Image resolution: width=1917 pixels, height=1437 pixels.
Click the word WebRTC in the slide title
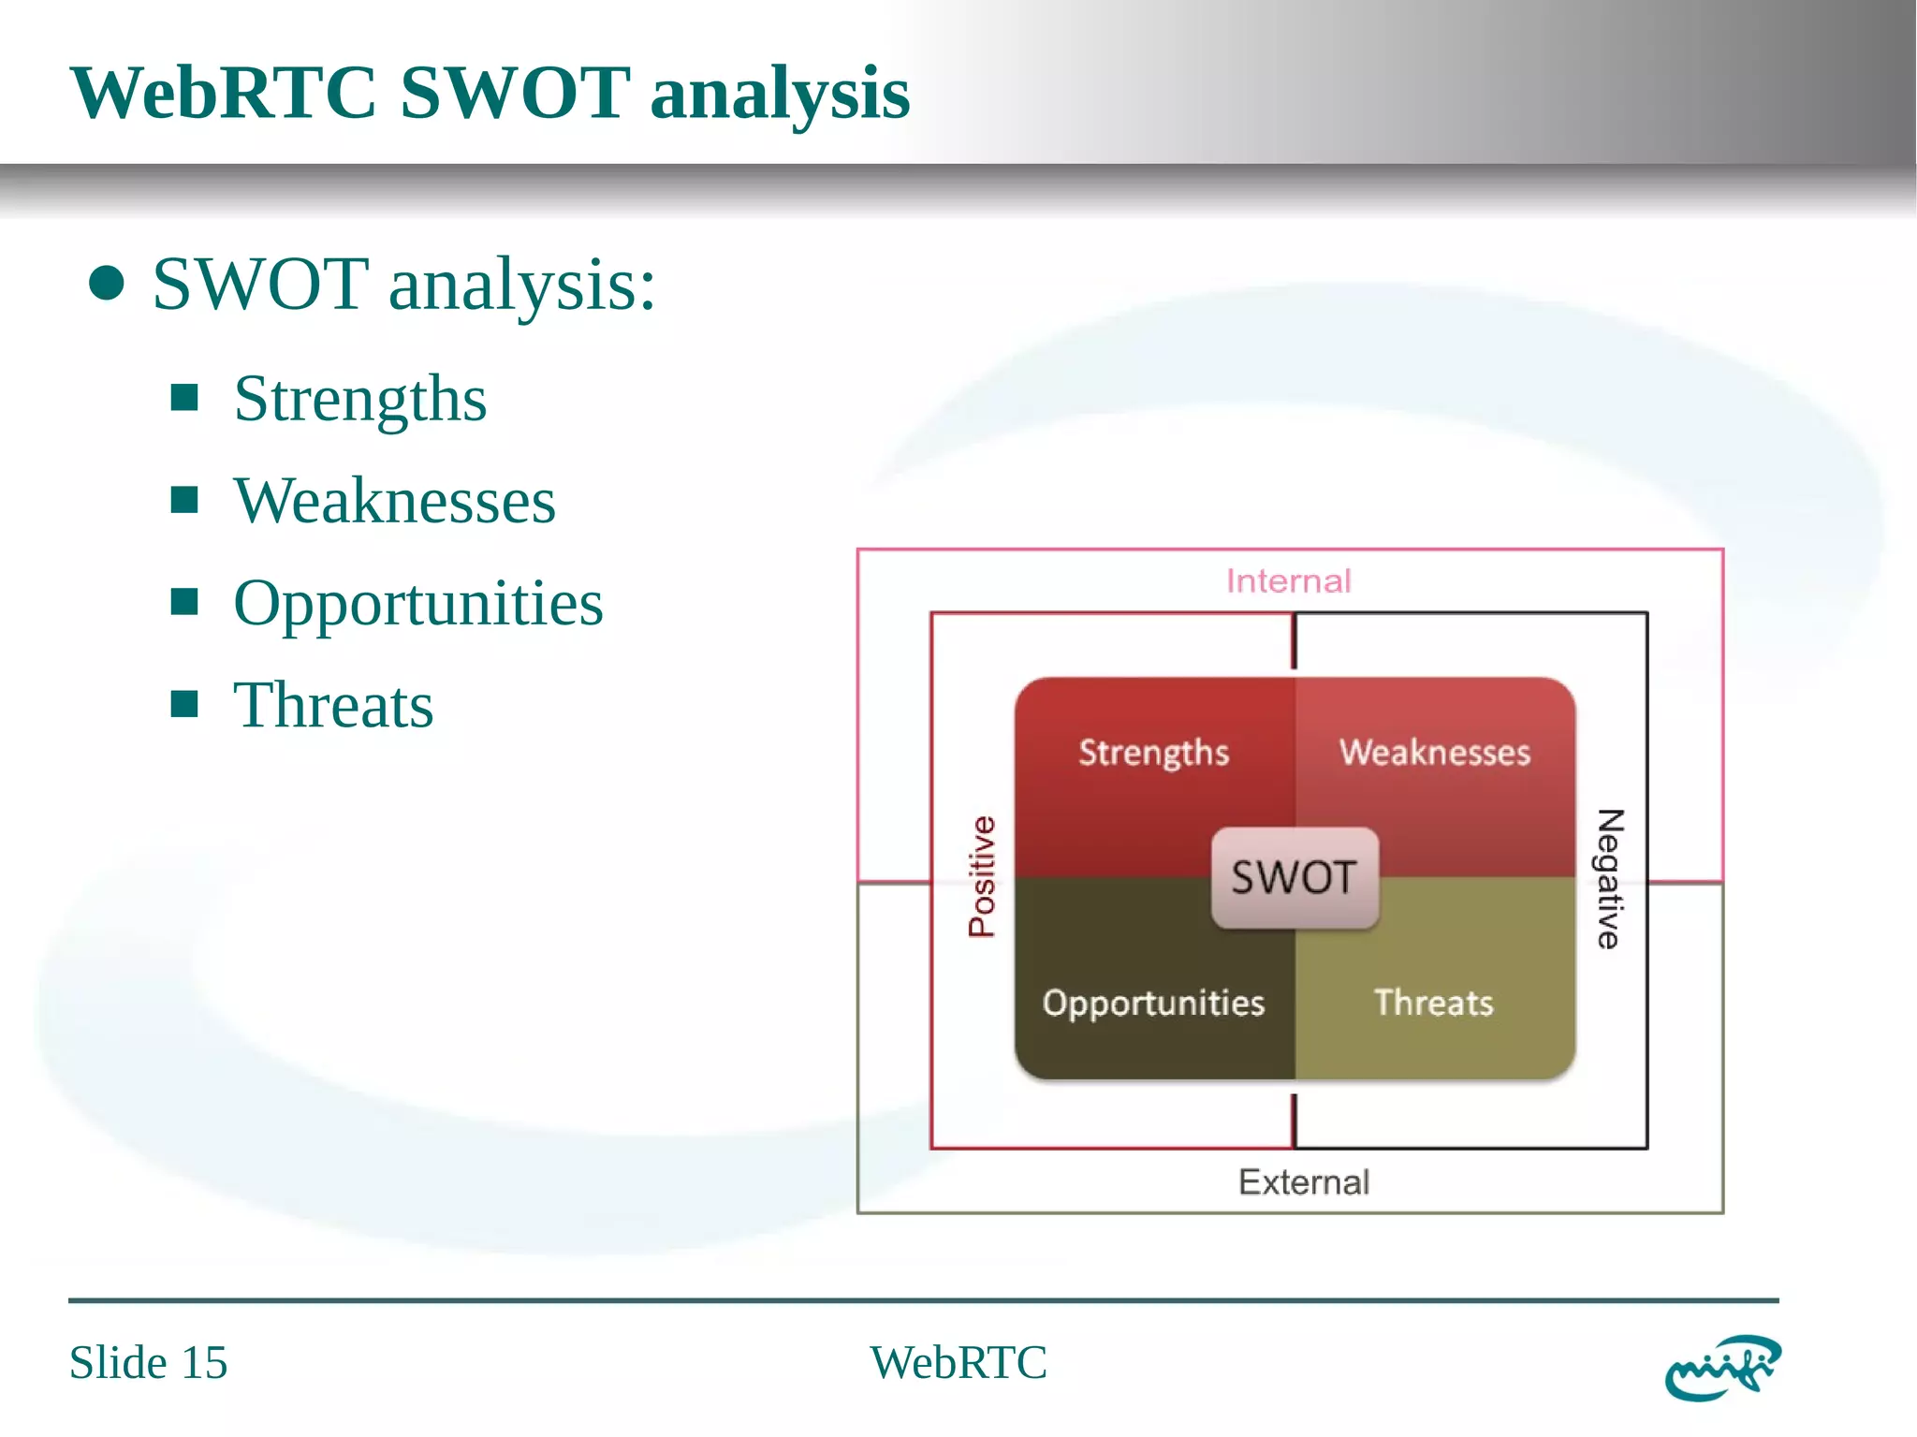pyautogui.click(x=223, y=94)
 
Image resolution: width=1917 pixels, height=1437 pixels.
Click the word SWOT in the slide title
pyautogui.click(x=514, y=94)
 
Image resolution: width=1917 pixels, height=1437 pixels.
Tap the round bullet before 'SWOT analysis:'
pyautogui.click(x=107, y=284)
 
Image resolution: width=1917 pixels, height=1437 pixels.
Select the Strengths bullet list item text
pyautogui.click(x=359, y=399)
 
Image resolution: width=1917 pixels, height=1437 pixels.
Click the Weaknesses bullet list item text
pyautogui.click(x=394, y=501)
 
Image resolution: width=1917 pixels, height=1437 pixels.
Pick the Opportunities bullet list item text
pyautogui.click(x=417, y=603)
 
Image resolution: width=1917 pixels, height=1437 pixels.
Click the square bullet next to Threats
pyautogui.click(x=184, y=704)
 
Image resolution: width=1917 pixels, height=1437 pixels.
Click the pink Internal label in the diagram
pyautogui.click(x=1288, y=581)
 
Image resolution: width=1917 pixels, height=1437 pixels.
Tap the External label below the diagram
pyautogui.click(x=1303, y=1182)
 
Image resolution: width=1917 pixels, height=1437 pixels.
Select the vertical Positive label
pyautogui.click(x=982, y=877)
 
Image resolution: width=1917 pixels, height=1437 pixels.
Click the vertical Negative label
pyautogui.click(x=1609, y=879)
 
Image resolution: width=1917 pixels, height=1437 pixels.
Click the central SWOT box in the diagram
pyautogui.click(x=1294, y=878)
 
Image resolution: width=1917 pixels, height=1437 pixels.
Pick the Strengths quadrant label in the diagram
pyautogui.click(x=1153, y=753)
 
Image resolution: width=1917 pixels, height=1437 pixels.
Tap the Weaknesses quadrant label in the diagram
pyautogui.click(x=1434, y=753)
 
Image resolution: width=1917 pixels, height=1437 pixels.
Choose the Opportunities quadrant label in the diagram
pyautogui.click(x=1153, y=1004)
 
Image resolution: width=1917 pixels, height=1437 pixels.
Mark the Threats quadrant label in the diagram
pyautogui.click(x=1433, y=1004)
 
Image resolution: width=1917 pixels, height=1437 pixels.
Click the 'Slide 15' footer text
pyautogui.click(x=148, y=1362)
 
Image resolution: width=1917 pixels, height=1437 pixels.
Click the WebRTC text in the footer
pyautogui.click(x=958, y=1362)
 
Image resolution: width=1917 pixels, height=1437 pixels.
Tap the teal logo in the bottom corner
pyautogui.click(x=1722, y=1368)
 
